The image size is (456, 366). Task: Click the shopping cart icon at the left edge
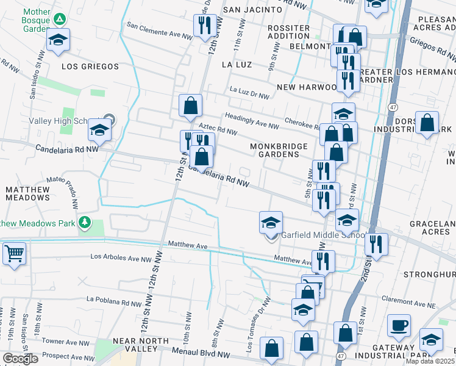[13, 253]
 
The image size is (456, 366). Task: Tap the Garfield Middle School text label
[321, 236]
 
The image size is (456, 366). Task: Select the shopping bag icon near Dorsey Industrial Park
[427, 122]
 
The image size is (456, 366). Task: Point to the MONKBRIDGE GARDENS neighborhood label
[275, 150]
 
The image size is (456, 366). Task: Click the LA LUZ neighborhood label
[237, 64]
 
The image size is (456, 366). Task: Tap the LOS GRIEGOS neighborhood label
[87, 64]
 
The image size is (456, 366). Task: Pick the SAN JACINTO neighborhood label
[252, 10]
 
